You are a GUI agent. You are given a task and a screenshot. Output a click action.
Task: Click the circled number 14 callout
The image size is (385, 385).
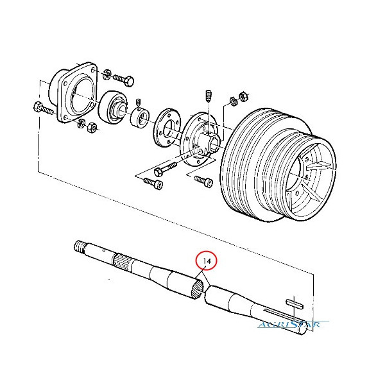pos(207,262)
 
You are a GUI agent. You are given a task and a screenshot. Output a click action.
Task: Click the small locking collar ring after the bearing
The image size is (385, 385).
pos(141,118)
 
